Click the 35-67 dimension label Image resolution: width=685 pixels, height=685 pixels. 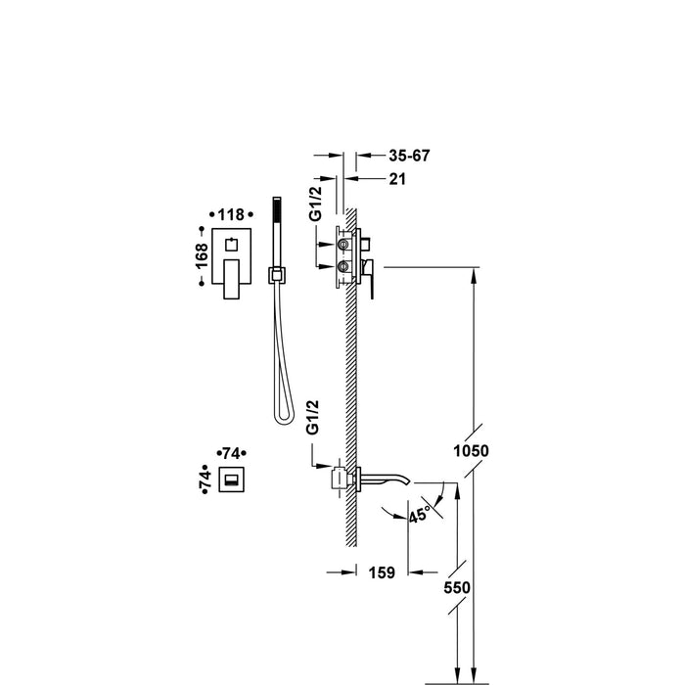pyautogui.click(x=409, y=156)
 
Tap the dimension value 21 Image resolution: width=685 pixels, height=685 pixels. pyautogui.click(x=397, y=178)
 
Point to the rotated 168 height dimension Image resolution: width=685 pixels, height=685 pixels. pyautogui.click(x=201, y=257)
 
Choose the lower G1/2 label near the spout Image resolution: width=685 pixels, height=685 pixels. pyautogui.click(x=314, y=417)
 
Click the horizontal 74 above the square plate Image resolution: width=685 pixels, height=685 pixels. pyautogui.click(x=232, y=453)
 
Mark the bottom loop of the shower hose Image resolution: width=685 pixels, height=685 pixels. pyautogui.click(x=283, y=415)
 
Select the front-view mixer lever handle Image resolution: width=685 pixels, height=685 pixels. pyautogui.click(x=234, y=282)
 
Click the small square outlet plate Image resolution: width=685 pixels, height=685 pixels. pyautogui.click(x=233, y=480)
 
